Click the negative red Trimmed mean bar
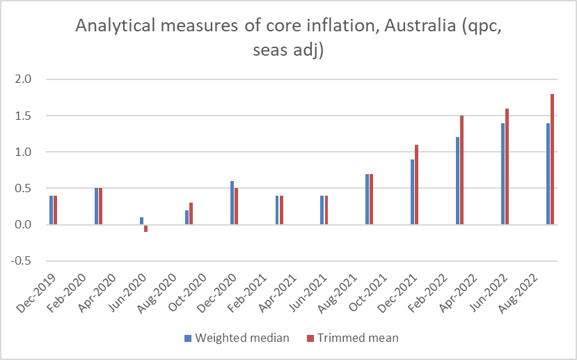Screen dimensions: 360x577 click(145, 228)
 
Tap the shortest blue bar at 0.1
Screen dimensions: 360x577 click(141, 221)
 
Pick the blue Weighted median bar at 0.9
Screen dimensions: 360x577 click(413, 191)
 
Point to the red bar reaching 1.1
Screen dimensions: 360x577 click(417, 185)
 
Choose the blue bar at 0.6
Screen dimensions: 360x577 click(232, 203)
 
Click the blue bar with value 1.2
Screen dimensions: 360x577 click(458, 181)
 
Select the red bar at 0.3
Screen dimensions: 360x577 click(191, 214)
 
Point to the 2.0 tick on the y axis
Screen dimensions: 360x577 click(24, 79)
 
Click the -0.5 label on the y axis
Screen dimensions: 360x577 click(22, 261)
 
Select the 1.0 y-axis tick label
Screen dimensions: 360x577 click(24, 152)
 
